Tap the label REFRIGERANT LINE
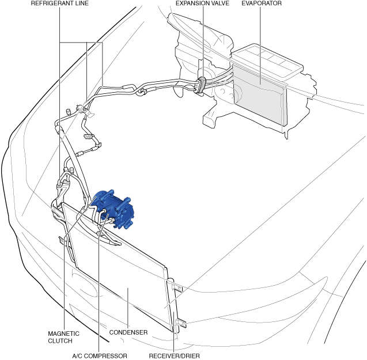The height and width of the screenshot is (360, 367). [x=60, y=3]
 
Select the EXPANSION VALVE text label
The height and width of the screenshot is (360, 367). [x=203, y=3]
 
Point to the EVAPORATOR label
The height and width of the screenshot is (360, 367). [x=262, y=3]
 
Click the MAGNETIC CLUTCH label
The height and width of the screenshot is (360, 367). [x=64, y=337]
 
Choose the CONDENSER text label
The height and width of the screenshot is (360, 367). [x=128, y=332]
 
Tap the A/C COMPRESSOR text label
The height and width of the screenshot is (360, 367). [x=100, y=355]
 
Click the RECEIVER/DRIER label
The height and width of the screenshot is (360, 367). [x=175, y=355]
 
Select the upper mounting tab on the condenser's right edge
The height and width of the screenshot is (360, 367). [x=176, y=285]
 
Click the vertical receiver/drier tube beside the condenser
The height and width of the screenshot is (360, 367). [x=171, y=305]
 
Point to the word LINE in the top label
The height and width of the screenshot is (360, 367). [x=81, y=3]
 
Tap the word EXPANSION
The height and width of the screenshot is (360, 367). [x=191, y=3]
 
